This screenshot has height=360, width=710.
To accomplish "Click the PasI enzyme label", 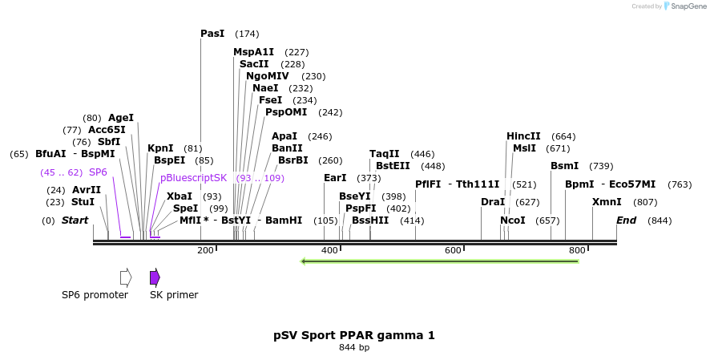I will click(212, 34).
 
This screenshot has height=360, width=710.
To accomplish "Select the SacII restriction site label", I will click(254, 64).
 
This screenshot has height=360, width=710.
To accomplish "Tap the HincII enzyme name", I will click(523, 136).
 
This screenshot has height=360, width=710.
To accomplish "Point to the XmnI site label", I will click(607, 202).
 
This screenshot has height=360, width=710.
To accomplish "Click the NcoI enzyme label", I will click(513, 220).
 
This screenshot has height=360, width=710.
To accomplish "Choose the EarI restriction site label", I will click(335, 178).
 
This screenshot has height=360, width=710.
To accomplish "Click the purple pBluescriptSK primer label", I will click(193, 178).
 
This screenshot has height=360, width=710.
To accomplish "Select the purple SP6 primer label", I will click(98, 172).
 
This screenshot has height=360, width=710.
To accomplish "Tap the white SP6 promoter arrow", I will click(126, 277).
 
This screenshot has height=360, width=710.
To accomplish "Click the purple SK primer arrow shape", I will click(155, 277).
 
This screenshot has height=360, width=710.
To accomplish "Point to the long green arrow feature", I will click(439, 261).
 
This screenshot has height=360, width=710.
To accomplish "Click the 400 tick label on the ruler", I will click(329, 251).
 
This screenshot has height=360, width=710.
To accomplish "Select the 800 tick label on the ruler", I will click(577, 251).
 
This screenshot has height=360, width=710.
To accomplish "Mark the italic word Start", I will click(75, 220).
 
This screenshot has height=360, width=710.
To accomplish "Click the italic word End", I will click(626, 220).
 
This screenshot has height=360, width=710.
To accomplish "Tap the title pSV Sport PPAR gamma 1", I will click(354, 335).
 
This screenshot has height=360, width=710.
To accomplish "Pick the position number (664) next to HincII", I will click(564, 136).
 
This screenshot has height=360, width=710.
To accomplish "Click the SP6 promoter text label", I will click(95, 295).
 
